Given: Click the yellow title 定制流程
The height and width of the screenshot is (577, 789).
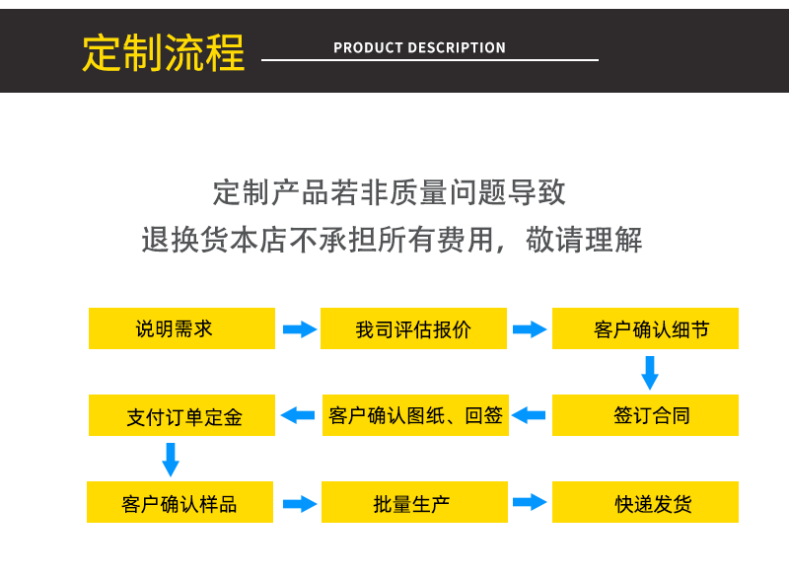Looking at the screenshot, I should pos(163,53).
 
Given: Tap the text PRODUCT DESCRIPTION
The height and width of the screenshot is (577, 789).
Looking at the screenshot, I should pos(419,47).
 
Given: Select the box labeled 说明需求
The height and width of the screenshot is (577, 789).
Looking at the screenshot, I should pos(181,328).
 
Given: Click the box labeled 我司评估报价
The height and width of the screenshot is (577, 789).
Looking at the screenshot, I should pos(413,328).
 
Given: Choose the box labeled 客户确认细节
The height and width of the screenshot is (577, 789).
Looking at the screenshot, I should pos(645,328).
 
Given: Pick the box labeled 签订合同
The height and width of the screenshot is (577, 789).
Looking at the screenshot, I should pos(645,415).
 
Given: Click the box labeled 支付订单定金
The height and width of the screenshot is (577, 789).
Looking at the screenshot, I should pos(181,415).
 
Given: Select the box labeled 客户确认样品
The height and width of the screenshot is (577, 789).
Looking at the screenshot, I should pos(180,502).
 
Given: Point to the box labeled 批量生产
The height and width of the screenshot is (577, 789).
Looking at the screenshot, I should pos(414,502).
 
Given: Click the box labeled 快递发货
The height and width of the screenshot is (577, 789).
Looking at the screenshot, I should pos(645,502).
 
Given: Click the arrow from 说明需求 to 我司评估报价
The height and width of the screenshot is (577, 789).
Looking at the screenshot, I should pos(299,328).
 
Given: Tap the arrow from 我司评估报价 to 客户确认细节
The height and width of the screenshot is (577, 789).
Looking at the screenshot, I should pos(530,328).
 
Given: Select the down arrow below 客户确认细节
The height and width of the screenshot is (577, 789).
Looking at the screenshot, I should pos(649,372).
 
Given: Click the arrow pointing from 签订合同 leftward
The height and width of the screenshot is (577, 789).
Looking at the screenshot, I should pos(529,415).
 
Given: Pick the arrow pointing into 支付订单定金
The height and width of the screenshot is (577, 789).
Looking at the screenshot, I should pos(298,415).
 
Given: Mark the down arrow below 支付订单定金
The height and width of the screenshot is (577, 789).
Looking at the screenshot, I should pos(171,459).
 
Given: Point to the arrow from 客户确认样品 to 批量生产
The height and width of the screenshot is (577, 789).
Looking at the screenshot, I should pos(299,503).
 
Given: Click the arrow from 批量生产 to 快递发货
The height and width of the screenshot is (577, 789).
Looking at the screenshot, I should pos(530,502).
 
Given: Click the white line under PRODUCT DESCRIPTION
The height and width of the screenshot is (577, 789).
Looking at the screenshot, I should pos(429,60).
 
